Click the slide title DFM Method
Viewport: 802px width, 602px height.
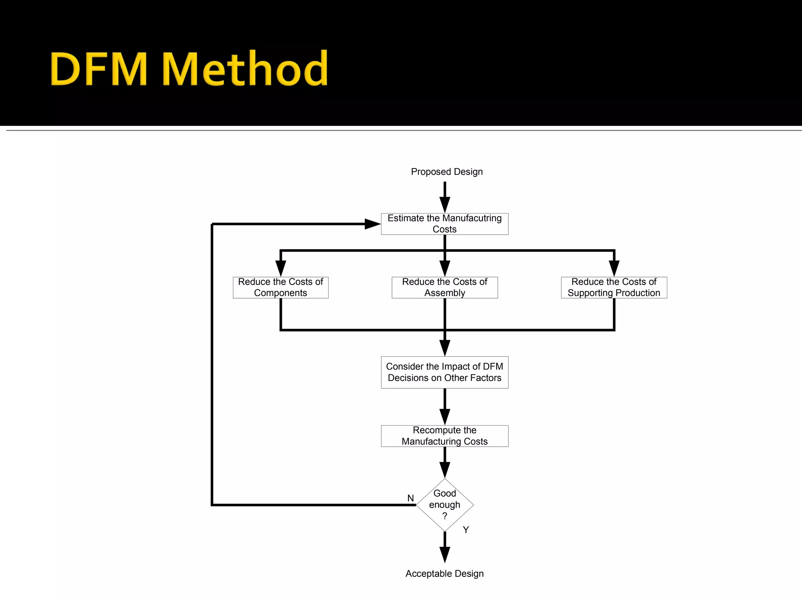(x=189, y=69)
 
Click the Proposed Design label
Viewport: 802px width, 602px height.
(x=446, y=172)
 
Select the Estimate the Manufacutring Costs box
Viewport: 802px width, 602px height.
(x=444, y=224)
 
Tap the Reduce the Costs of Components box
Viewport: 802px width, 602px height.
(x=280, y=287)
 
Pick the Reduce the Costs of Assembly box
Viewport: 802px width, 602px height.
(x=444, y=287)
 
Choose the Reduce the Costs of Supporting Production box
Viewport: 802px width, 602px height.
(x=614, y=287)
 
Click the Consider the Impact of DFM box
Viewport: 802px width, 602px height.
(x=444, y=372)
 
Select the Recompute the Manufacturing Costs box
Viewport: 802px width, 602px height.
(x=444, y=436)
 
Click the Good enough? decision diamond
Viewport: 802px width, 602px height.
(x=444, y=505)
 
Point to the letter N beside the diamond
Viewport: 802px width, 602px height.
(x=410, y=498)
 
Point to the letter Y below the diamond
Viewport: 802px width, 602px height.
(x=466, y=530)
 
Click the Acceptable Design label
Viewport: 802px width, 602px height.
(x=444, y=573)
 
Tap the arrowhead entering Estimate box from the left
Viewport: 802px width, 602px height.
(x=372, y=224)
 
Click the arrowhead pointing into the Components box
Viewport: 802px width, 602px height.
(x=281, y=269)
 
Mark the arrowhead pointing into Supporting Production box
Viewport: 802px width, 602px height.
(x=614, y=269)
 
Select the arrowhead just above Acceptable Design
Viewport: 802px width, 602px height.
(x=444, y=555)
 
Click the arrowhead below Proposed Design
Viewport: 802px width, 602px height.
(x=444, y=205)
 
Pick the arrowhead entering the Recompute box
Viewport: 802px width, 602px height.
(x=444, y=417)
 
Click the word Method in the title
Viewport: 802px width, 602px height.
(x=245, y=69)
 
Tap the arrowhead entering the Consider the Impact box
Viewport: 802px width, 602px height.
(x=444, y=348)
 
